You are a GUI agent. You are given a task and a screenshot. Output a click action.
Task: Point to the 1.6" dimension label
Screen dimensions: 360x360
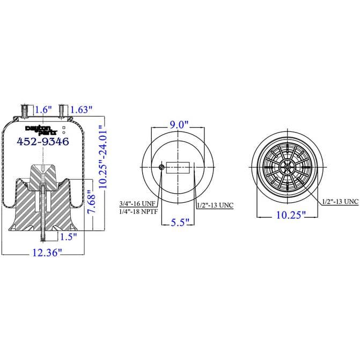43,109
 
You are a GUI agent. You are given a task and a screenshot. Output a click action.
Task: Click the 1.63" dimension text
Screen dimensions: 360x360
82,109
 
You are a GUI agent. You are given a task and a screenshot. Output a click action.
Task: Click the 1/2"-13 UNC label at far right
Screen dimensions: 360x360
340,201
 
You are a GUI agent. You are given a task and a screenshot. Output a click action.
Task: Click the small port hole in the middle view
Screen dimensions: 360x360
161,168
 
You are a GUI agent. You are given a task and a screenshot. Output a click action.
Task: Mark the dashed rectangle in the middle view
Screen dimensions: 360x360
178,168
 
